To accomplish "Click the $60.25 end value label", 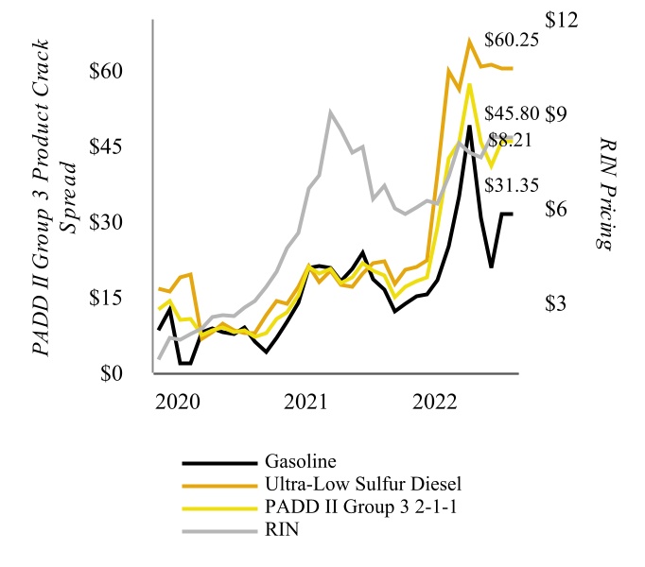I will click(511, 41).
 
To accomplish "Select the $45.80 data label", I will click(511, 113).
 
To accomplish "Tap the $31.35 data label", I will click(511, 184).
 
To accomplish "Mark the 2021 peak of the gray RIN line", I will click(330, 112).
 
